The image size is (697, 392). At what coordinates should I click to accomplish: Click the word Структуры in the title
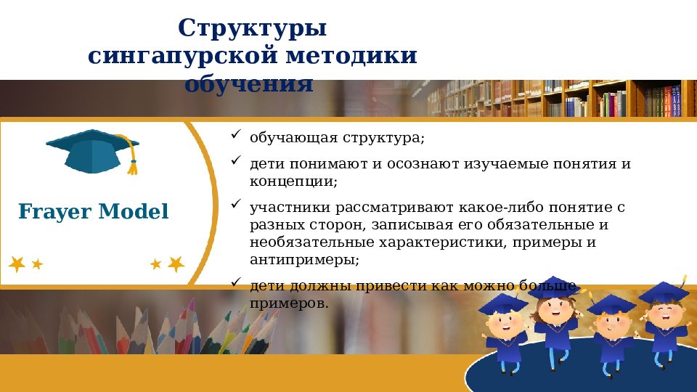[252, 29]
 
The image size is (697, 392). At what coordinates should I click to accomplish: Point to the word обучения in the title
[248, 83]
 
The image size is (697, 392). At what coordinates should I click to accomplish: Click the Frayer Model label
[93, 212]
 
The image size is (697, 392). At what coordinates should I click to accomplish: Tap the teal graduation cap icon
[91, 151]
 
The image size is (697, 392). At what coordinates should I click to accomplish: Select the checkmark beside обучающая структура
[236, 135]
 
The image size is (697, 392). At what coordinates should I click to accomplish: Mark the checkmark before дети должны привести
[236, 282]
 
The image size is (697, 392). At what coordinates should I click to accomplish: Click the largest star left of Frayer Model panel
[17, 264]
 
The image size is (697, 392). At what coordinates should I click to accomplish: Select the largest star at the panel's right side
[176, 264]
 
